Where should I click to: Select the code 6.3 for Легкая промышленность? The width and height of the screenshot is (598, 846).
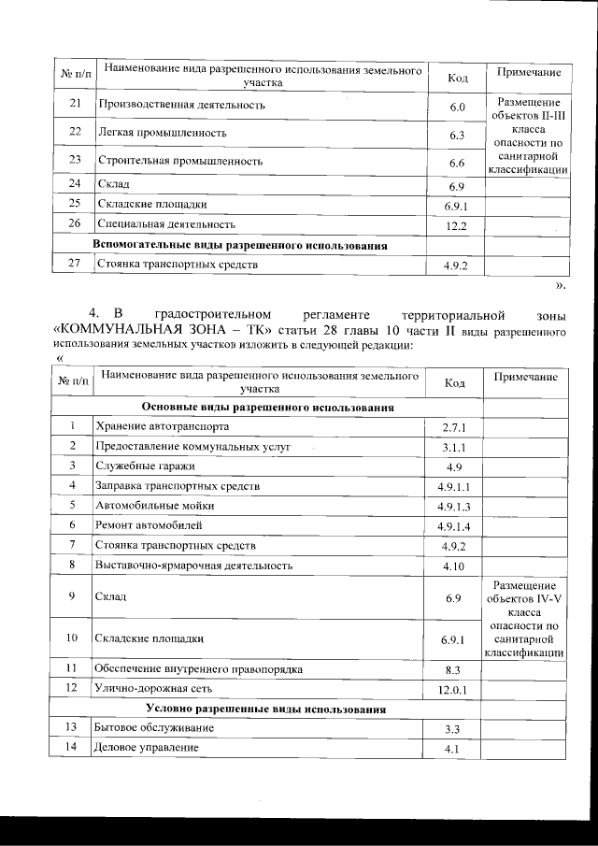point(456,136)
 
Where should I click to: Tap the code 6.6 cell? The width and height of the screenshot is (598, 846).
point(456,163)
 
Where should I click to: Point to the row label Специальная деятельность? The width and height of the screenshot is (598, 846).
point(165,225)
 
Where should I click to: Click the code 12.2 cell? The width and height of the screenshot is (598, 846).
point(456,226)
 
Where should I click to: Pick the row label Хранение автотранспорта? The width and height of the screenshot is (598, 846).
point(162,427)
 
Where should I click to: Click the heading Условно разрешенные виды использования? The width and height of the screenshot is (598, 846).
point(267,710)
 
